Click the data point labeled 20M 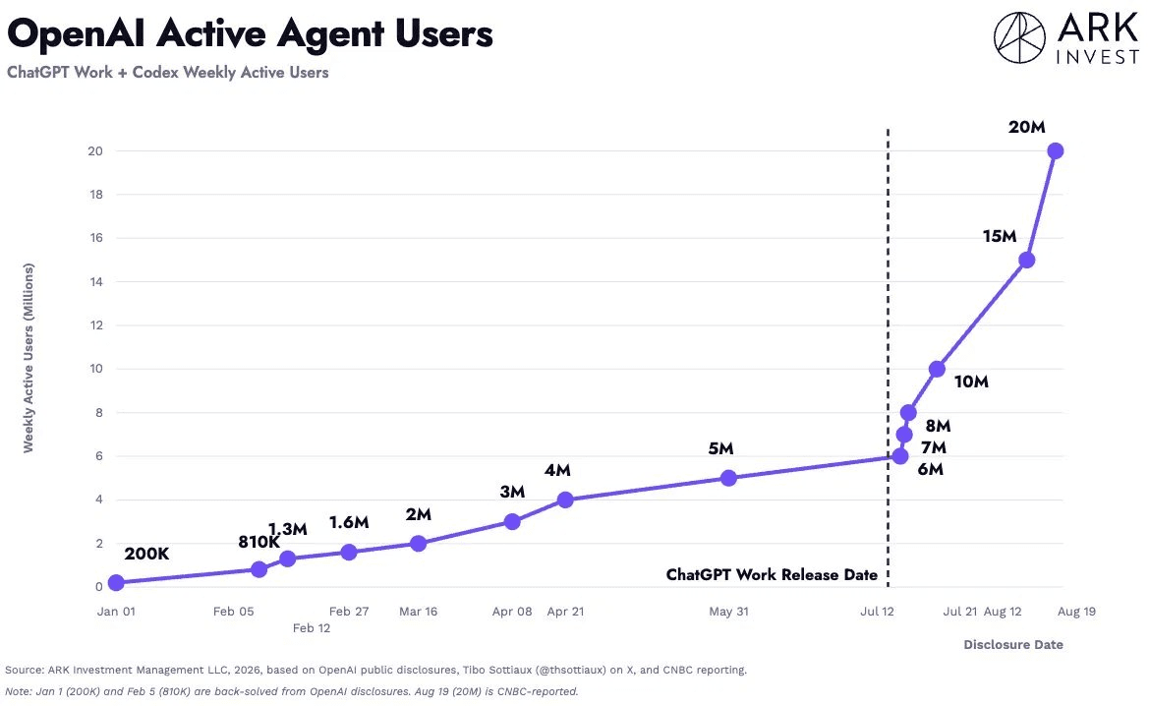click(1056, 151)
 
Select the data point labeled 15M click(1026, 261)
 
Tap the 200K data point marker click(116, 583)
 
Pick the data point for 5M click(728, 478)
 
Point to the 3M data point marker click(512, 522)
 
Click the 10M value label click(971, 382)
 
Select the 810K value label click(259, 542)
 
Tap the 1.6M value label click(349, 522)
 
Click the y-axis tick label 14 click(96, 281)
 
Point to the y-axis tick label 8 click(99, 413)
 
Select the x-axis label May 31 click(728, 612)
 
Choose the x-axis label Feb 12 click(312, 628)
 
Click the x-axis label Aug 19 click(1076, 612)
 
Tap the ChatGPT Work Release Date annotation click(772, 575)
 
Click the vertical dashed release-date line click(889, 358)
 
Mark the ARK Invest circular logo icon click(1019, 37)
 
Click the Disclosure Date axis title click(1012, 644)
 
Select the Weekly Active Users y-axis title click(29, 358)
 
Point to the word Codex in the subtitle click(155, 73)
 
